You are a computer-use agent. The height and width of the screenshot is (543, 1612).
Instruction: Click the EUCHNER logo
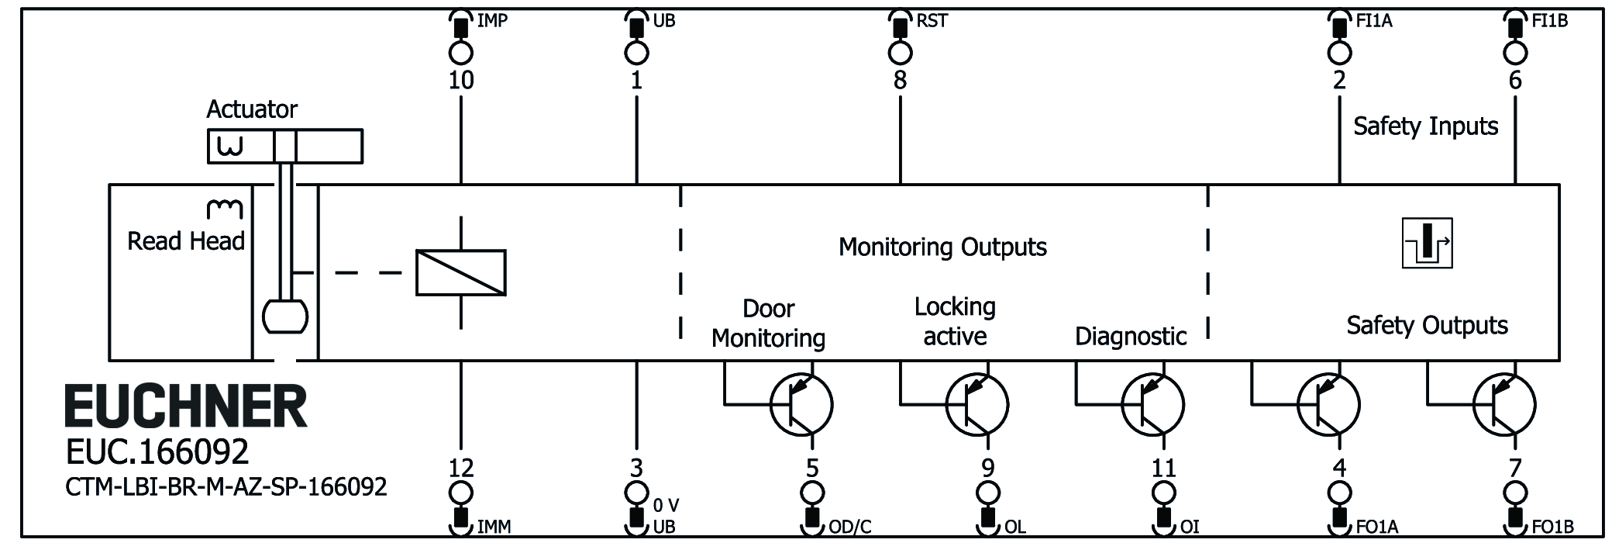point(186,406)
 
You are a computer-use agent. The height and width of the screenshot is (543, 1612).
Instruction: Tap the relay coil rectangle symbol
point(461,273)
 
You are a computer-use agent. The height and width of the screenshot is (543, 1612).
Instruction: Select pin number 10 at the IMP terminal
point(461,80)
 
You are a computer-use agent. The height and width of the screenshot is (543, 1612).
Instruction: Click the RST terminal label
point(932,21)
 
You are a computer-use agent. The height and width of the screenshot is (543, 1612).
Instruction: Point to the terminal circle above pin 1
point(636,53)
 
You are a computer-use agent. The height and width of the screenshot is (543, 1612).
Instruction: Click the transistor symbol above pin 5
point(801,404)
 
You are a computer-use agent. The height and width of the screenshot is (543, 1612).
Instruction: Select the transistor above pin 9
point(976,404)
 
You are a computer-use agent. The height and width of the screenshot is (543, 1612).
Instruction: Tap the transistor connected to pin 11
point(1152,404)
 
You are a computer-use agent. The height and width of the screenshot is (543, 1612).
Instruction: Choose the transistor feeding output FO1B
point(1503,404)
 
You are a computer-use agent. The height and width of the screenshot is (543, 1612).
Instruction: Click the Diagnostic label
point(1131,336)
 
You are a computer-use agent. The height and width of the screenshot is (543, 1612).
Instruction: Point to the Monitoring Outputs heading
point(942,247)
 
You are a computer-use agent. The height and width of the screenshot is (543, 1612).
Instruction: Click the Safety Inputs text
point(1425,126)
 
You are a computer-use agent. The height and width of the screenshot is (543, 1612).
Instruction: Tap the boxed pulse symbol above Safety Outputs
point(1427,244)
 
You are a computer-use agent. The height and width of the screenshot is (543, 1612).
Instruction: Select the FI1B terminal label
point(1550,21)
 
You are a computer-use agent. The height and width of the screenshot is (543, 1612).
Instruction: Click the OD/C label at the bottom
point(850,527)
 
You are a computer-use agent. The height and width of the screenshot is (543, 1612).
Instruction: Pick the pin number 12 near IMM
point(461,468)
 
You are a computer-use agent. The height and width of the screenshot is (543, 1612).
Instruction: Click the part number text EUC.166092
point(157,451)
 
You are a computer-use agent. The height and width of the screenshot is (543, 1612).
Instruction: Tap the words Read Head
point(186,241)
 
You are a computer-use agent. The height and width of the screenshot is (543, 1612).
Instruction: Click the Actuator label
point(252,109)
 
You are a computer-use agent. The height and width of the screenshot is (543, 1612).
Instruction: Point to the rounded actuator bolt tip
point(285,316)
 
